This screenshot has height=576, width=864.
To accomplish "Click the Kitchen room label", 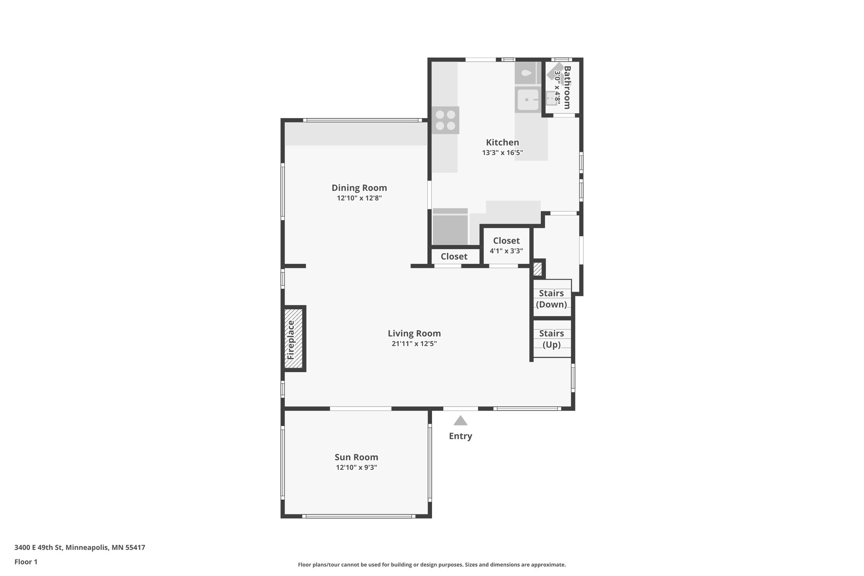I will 502,143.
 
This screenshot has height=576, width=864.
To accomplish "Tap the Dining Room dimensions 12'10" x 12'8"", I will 359,198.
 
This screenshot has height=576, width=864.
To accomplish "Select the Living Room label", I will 414,334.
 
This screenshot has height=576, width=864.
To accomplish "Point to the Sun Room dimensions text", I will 356,468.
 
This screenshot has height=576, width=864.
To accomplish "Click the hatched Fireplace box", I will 294,338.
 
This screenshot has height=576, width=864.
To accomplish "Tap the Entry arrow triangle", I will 460,421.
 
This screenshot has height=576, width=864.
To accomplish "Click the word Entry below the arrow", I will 460,436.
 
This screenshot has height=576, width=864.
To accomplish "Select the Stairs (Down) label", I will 551,299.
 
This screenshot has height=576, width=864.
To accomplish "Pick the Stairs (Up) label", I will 551,339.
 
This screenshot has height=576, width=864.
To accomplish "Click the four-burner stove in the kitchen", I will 445,120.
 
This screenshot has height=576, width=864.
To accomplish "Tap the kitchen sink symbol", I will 527,100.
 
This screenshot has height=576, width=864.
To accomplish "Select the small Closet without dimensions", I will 454,257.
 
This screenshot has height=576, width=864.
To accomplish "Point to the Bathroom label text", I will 567,87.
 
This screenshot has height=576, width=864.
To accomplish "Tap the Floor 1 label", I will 26,562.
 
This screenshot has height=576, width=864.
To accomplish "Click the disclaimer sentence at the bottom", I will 432,565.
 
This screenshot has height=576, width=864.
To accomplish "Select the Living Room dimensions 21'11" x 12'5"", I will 414,344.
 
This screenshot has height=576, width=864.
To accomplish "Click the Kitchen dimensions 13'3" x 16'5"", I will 502,153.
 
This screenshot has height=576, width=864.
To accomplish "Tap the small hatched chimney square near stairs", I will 537,269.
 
